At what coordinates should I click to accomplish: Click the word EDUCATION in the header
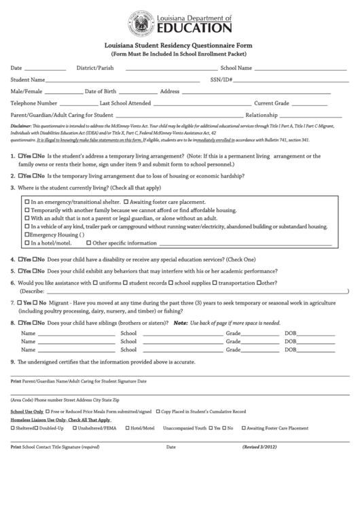(194, 28)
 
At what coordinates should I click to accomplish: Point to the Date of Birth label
(100, 91)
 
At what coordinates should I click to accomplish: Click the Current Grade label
(272, 103)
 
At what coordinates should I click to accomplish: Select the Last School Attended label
(125, 103)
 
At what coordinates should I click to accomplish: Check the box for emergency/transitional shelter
(27, 202)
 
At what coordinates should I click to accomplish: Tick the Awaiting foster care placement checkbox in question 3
(126, 202)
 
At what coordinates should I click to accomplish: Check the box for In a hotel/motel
(27, 243)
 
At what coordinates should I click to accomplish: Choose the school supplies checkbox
(170, 282)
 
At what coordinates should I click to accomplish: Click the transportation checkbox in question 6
(215, 282)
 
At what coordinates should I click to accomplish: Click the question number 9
(12, 362)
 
